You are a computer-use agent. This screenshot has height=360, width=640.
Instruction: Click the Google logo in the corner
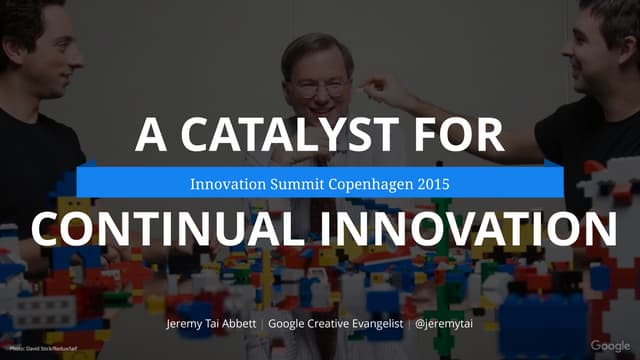click(x=610, y=346)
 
